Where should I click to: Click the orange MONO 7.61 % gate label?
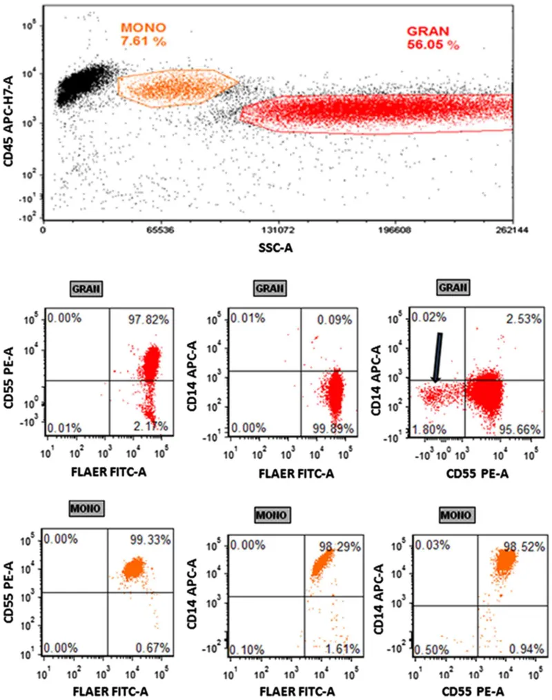(x=144, y=35)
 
